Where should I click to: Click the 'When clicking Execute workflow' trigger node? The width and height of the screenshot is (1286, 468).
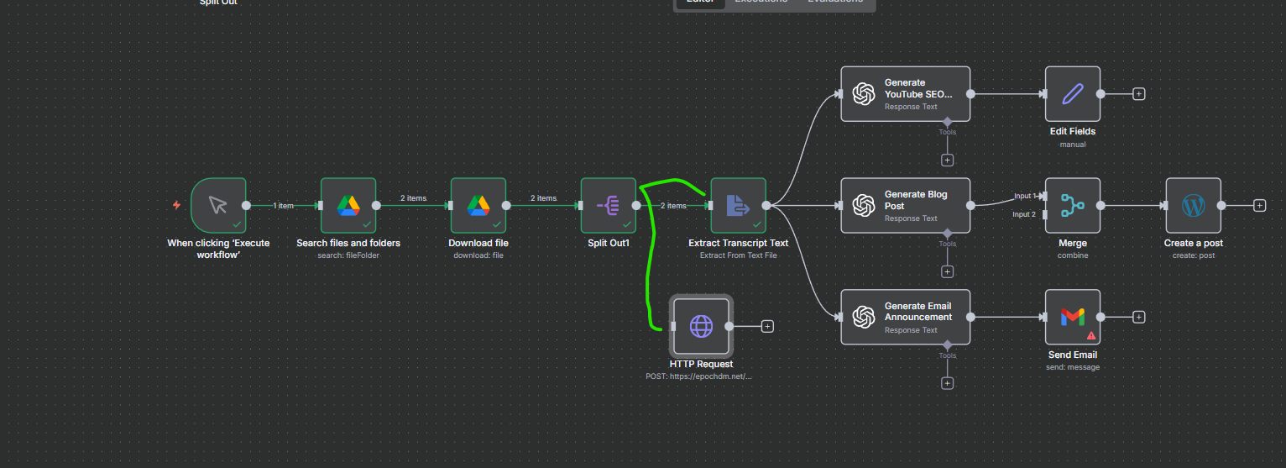(x=218, y=205)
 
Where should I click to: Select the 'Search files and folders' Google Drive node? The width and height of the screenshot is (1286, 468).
(x=348, y=205)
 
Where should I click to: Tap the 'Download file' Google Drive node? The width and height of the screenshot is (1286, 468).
(x=478, y=205)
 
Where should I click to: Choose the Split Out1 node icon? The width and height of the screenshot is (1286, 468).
(x=609, y=205)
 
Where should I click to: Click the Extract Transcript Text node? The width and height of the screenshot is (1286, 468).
(x=738, y=205)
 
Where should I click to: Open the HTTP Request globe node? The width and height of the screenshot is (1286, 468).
(x=701, y=326)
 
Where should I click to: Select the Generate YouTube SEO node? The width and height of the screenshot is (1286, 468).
(x=905, y=94)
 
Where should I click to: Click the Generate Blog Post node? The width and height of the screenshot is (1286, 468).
(x=905, y=206)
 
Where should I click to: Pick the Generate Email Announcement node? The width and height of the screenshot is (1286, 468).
(x=905, y=317)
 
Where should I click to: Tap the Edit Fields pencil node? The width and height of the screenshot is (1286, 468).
(x=1073, y=94)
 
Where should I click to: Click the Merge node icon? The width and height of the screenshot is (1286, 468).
(x=1073, y=205)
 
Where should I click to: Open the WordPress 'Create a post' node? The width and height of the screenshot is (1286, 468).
(x=1193, y=205)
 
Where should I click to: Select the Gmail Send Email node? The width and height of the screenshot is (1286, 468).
(x=1073, y=317)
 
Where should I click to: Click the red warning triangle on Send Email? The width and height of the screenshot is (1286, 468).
(x=1091, y=334)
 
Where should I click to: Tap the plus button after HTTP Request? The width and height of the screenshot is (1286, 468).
(x=767, y=326)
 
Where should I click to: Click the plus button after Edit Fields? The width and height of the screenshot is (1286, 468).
(x=1139, y=94)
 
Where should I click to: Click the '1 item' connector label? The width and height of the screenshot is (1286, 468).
(x=283, y=205)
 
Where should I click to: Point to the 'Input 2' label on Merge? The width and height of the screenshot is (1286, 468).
(x=1024, y=214)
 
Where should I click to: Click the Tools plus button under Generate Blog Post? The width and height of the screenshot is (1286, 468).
(x=948, y=271)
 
